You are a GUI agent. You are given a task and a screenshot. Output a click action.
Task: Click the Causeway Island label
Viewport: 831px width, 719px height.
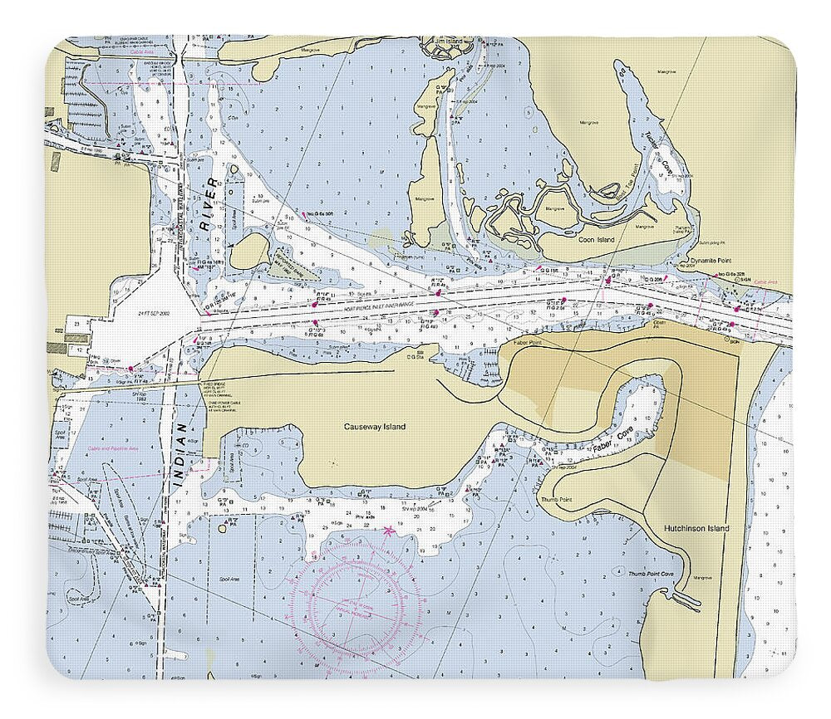point(375,427)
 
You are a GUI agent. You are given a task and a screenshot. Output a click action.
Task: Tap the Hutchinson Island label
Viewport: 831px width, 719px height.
point(696,528)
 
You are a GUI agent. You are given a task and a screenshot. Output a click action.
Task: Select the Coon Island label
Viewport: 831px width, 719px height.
point(596,240)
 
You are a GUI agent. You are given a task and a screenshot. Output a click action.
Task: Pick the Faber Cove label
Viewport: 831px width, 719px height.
point(607,442)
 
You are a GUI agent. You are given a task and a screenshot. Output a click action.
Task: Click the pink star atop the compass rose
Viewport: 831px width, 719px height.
point(388,530)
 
